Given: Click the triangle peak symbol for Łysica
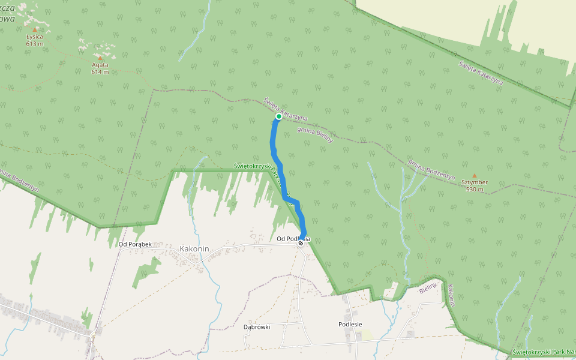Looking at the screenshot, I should coord(35,29).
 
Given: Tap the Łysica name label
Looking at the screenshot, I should coord(35,37).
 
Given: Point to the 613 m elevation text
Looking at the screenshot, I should coord(35,43).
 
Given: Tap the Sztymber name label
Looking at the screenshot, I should coord(474,182).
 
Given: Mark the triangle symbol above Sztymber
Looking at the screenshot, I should coord(474,175).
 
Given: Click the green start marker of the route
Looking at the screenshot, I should coord(279,116).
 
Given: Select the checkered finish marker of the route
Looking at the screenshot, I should coord(301,243).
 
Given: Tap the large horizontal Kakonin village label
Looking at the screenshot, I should coord(195,248).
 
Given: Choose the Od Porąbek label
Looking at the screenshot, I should coord(134,244).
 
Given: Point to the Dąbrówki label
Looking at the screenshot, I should coord(257,327).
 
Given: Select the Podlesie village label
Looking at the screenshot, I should coord(350,324).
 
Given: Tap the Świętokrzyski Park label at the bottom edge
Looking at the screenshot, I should coord(544,352).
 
